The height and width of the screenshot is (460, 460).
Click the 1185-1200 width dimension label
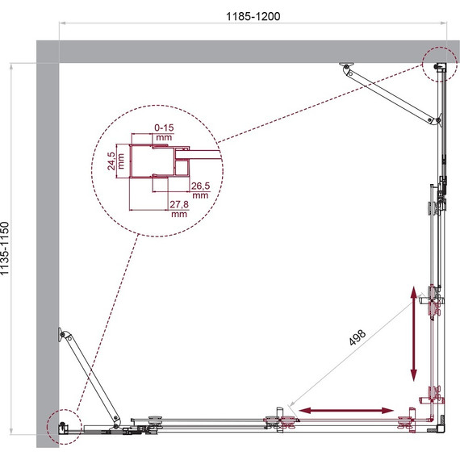(x=253, y=16)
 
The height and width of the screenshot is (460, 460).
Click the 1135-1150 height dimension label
(x=5, y=249)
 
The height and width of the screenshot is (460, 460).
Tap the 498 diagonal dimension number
(x=358, y=337)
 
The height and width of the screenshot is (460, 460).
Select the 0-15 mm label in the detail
(x=164, y=132)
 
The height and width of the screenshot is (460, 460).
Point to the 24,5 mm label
(x=115, y=161)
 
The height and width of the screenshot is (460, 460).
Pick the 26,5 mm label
(x=200, y=190)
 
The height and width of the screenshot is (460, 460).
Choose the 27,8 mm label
(x=179, y=208)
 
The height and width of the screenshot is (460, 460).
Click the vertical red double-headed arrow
(x=413, y=333)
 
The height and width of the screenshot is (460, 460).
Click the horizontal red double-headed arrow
(x=346, y=411)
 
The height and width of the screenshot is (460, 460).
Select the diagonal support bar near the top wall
(x=390, y=96)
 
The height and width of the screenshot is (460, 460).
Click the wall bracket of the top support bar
(x=346, y=65)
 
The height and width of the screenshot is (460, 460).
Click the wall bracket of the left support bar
(x=61, y=334)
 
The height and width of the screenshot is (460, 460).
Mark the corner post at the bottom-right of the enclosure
(x=441, y=429)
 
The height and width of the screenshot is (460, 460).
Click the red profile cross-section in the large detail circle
(x=160, y=161)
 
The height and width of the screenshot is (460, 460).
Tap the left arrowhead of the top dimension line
(x=61, y=23)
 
